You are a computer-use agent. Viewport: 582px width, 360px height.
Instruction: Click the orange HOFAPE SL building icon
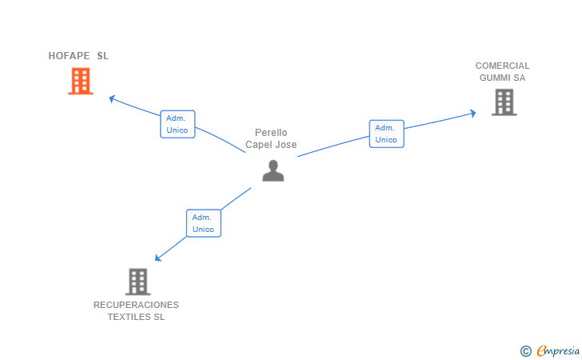pyautogui.click(x=81, y=81)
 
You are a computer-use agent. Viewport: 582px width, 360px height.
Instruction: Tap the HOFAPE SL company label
pyautogui.click(x=78, y=56)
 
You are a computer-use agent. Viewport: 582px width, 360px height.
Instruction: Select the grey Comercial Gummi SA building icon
pyautogui.click(x=504, y=102)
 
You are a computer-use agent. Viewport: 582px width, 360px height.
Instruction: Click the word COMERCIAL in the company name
pyautogui.click(x=502, y=66)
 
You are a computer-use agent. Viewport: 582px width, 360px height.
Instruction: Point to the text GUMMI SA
pyautogui.click(x=502, y=78)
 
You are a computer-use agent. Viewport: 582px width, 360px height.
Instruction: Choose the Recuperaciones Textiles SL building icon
pyautogui.click(x=138, y=282)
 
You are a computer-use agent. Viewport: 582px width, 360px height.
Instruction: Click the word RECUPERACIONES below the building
pyautogui.click(x=136, y=305)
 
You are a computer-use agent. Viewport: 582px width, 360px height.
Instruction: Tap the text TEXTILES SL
pyautogui.click(x=136, y=317)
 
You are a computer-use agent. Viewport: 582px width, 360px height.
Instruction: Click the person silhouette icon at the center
pyautogui.click(x=273, y=170)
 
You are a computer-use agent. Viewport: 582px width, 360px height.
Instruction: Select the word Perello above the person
pyautogui.click(x=271, y=133)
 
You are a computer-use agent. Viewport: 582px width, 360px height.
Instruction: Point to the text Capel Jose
pyautogui.click(x=271, y=145)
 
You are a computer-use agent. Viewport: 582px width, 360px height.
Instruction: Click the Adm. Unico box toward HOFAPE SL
pyautogui.click(x=177, y=124)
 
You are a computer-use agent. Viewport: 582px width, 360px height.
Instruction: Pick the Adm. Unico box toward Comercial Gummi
pyautogui.click(x=386, y=134)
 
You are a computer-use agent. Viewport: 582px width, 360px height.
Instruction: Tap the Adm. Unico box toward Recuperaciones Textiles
pyautogui.click(x=203, y=222)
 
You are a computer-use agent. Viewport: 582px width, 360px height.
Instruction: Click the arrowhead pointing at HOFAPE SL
pyautogui.click(x=112, y=98)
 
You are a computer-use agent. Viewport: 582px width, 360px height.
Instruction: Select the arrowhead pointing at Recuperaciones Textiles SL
pyautogui.click(x=158, y=258)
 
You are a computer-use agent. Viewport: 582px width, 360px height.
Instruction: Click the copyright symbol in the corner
pyautogui.click(x=525, y=350)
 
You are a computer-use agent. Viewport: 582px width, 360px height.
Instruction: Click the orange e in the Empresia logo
pyautogui.click(x=541, y=350)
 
